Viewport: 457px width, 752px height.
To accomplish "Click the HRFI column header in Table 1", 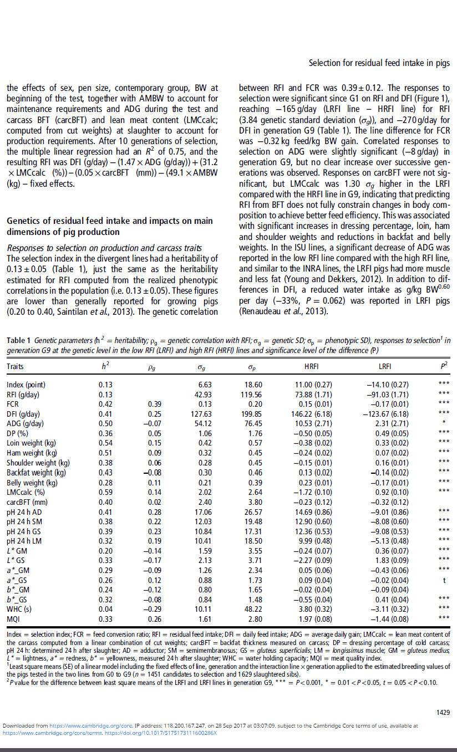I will (316, 367).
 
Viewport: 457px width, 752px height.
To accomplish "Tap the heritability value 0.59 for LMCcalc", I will (105, 491).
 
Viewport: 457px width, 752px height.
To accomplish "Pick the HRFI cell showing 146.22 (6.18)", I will (316, 414).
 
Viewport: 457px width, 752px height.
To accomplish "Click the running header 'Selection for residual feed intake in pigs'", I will (379, 64).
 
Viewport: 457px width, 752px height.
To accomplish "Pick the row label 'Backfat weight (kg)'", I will (36, 472).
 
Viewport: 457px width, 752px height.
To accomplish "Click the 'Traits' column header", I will (15, 367).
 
